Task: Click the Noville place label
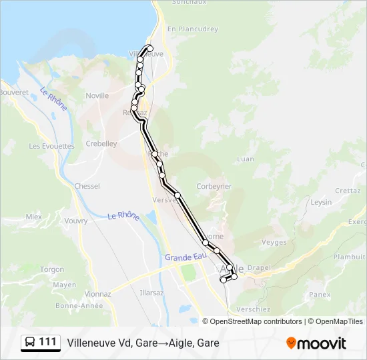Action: (97, 95)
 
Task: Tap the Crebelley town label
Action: (101, 143)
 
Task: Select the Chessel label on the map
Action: (87, 186)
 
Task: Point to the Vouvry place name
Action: (77, 220)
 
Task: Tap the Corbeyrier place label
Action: (213, 187)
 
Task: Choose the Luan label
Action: (246, 159)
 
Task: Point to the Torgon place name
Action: (52, 269)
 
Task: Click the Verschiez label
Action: (253, 309)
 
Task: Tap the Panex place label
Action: (320, 293)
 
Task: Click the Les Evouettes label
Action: (52, 145)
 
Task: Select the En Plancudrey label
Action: (193, 29)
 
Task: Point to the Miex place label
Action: (34, 217)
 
